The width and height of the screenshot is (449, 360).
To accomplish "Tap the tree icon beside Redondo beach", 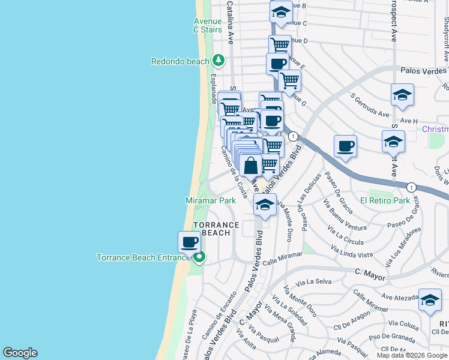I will point(219,61).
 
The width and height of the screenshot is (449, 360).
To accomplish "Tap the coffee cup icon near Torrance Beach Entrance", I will point(190,242).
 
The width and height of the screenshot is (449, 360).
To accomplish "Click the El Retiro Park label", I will point(385,200).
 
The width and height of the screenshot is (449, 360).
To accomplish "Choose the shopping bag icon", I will point(252,164).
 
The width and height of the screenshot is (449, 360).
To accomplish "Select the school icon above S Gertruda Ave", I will point(402,94).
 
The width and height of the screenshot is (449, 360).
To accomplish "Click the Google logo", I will point(20,353).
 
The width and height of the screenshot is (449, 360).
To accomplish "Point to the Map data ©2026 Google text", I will point(412,355).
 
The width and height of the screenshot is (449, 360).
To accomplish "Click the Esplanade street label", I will point(213,89).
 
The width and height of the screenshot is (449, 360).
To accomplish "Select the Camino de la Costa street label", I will point(234,172).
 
